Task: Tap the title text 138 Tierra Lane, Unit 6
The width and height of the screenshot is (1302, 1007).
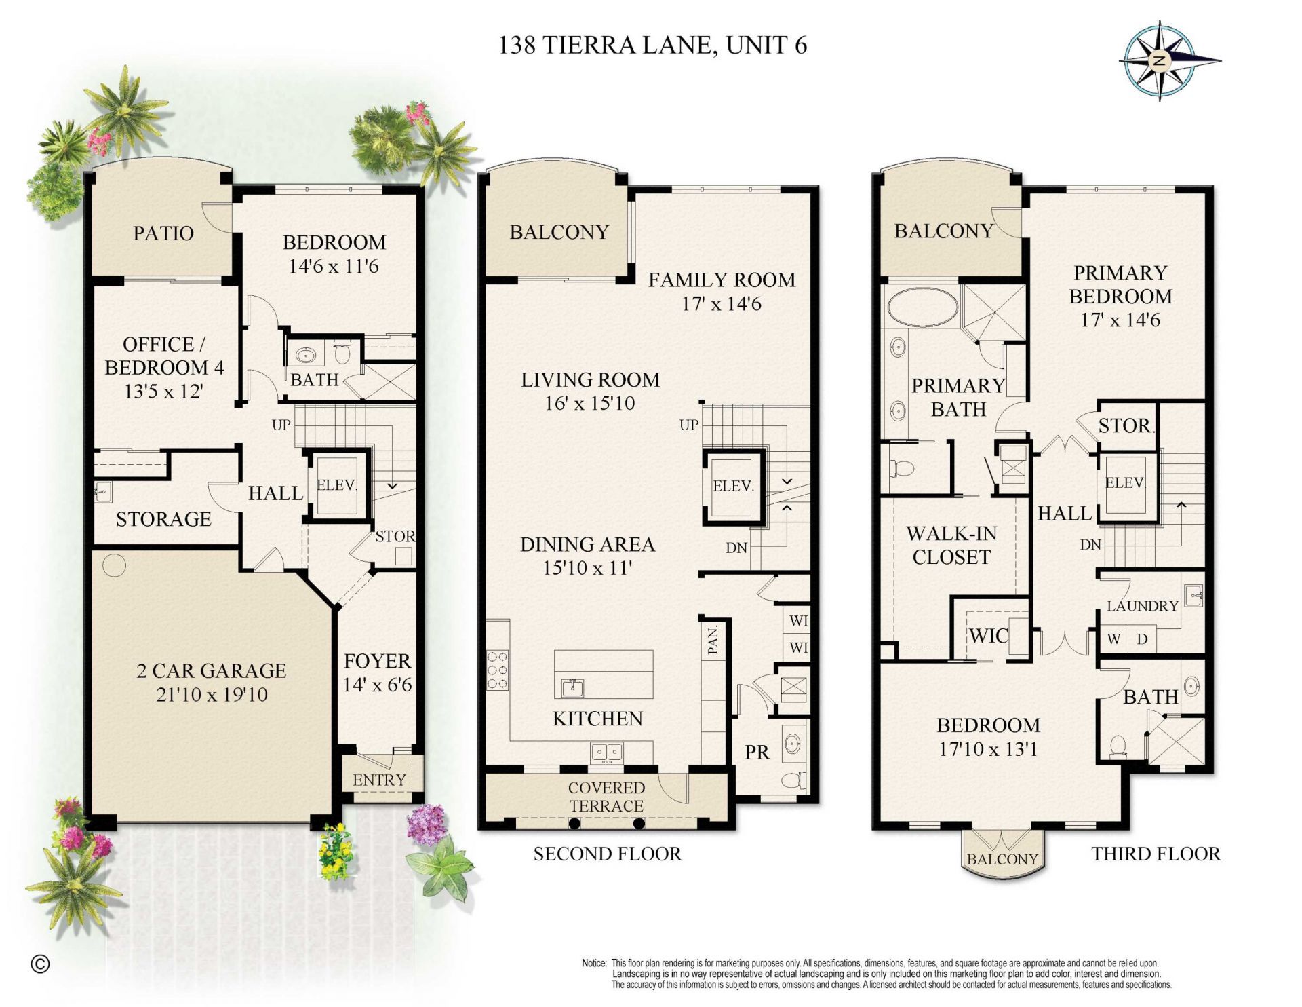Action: pos(652,45)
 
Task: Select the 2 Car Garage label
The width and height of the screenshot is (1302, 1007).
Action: pos(212,670)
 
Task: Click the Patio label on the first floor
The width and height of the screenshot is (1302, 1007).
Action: pos(163,233)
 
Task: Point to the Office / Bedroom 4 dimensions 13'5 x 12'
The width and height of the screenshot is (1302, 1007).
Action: pos(163,391)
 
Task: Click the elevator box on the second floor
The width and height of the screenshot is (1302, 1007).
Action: pos(732,486)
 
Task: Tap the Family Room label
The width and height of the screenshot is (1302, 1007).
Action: pos(722,280)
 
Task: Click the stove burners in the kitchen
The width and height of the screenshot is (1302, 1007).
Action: pos(497,670)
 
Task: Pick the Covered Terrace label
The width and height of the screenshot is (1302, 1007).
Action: pos(606,797)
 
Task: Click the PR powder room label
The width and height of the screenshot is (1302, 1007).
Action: pos(757,752)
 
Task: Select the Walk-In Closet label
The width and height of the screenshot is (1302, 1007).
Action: pos(951,545)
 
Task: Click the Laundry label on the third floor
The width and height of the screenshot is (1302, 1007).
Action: pos(1142,606)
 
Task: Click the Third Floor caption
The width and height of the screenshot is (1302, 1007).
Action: pos(1156,854)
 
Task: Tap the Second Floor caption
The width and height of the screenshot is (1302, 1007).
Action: pos(607,854)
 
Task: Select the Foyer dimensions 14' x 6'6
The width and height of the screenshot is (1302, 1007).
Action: pos(377,685)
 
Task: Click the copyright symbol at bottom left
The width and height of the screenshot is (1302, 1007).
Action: pos(41,964)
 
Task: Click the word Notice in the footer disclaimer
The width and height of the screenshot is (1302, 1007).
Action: pos(594,963)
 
